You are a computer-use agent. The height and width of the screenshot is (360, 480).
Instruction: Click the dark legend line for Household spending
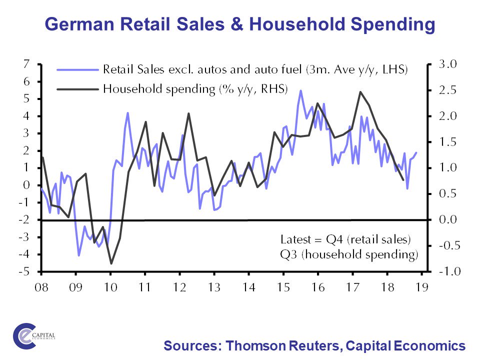(x=77, y=89)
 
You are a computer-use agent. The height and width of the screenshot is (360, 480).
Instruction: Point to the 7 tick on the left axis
(x=26, y=64)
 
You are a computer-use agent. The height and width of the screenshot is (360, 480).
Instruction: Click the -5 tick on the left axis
(x=24, y=272)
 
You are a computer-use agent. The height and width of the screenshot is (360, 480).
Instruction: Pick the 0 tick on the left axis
(x=26, y=185)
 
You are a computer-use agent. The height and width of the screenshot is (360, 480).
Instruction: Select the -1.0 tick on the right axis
(x=448, y=272)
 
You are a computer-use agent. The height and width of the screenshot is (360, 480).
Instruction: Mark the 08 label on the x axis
(x=40, y=288)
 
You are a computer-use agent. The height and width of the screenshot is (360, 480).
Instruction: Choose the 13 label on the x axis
(x=214, y=288)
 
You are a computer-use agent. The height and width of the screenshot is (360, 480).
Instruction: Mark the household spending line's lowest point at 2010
(x=111, y=263)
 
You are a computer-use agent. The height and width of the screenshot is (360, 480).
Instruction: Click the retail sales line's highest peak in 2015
(x=300, y=90)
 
